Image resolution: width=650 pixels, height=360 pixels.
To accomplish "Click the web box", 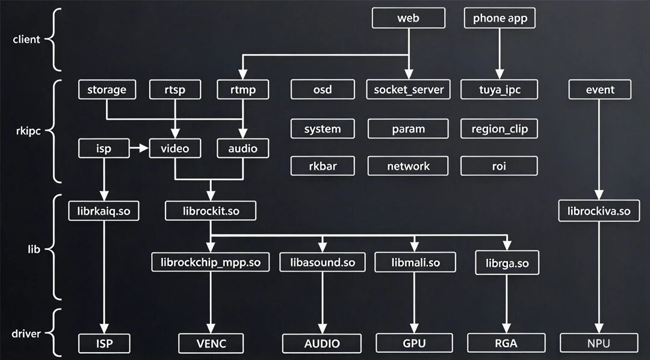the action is tap(408, 18).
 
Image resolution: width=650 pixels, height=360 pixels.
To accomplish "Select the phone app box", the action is tap(500, 18).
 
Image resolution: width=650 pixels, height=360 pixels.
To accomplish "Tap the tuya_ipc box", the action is tap(499, 90).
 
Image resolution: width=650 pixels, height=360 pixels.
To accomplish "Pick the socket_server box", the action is tap(408, 90).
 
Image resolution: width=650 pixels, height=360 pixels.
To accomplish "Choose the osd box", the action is tap(323, 90).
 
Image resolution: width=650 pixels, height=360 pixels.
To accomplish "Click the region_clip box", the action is tap(499, 129).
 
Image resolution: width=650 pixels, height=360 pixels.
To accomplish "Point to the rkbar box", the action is tap(323, 166).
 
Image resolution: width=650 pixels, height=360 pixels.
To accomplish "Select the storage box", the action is tap(107, 90).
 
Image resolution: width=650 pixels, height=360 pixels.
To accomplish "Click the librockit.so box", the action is tap(211, 211).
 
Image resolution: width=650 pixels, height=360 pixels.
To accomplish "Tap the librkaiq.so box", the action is tap(104, 211).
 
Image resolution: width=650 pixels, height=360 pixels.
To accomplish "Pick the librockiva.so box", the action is tap(599, 211).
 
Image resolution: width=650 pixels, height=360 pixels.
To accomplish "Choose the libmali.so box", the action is tap(415, 262).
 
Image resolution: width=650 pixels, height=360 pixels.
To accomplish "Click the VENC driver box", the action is tap(211, 343).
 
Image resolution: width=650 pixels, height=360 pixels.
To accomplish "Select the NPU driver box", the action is tap(599, 343).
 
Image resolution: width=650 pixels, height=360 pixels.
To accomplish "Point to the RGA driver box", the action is tap(506, 343).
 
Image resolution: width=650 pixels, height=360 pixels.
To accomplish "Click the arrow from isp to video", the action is tap(139, 148).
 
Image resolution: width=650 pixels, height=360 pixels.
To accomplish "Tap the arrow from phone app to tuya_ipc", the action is tap(500, 54).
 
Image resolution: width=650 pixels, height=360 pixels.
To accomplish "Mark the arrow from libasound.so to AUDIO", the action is tap(322, 303).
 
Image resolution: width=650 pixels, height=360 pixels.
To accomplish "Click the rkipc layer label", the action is tap(26, 132).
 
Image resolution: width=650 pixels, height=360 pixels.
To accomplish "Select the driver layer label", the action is tap(26, 334).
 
